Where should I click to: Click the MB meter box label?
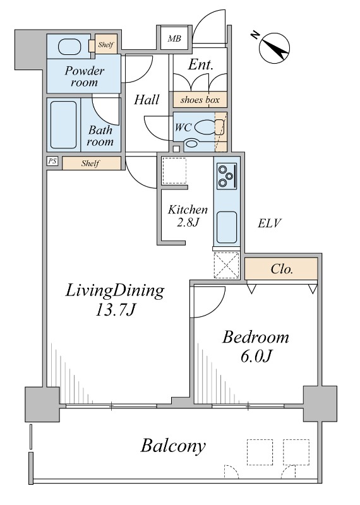(174, 39)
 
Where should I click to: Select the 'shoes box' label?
(200, 100)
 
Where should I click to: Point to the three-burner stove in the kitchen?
(227, 176)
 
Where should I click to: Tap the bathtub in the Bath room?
(64, 124)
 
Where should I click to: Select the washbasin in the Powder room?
(69, 47)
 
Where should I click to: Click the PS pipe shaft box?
(52, 161)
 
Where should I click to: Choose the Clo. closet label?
(282, 269)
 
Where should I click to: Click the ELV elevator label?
(270, 223)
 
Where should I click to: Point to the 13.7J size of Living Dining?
(115, 311)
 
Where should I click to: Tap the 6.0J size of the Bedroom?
(256, 357)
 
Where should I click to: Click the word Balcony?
(173, 447)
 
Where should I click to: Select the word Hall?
(147, 100)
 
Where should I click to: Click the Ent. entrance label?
(200, 65)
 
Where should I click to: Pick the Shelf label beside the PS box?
(90, 163)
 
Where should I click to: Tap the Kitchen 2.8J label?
(188, 216)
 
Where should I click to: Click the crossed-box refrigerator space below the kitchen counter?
(227, 265)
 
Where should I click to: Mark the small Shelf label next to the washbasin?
(105, 44)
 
